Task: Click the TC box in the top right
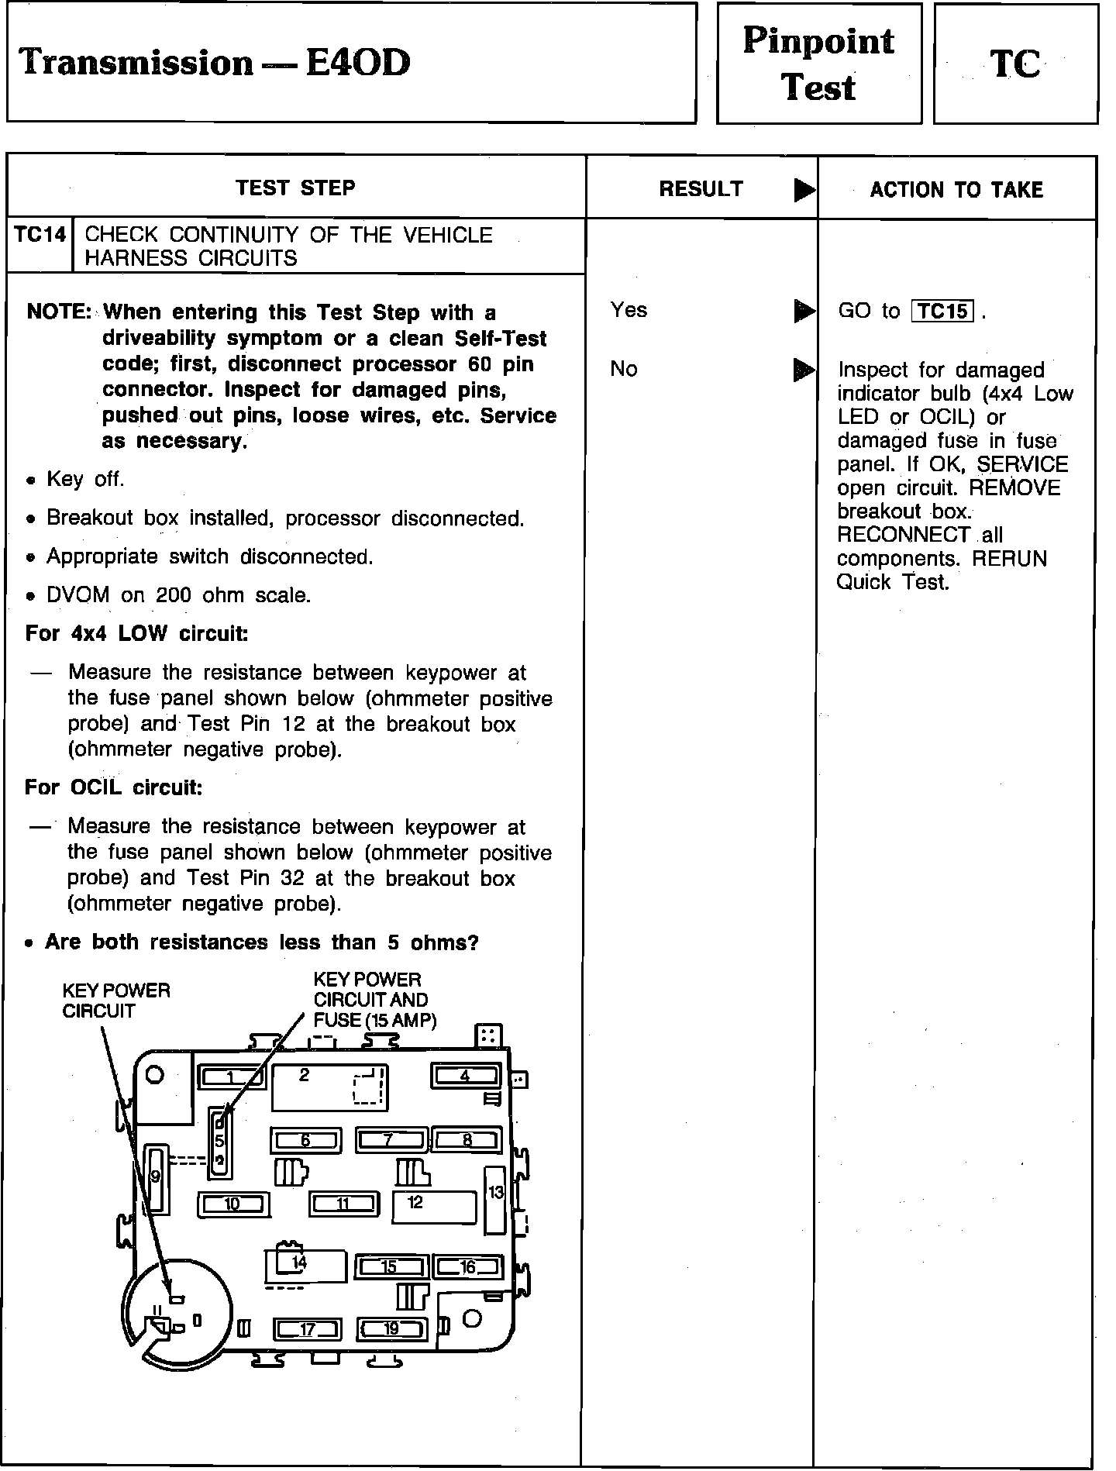coord(1015,64)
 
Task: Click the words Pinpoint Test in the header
coord(818,64)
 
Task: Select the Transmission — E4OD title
coord(215,63)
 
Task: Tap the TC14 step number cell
coord(40,236)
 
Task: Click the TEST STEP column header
coord(295,188)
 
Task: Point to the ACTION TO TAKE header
coord(956,190)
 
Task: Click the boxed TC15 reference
coord(942,312)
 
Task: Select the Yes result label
coord(629,310)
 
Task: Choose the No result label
coord(624,369)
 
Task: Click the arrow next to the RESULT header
coord(804,190)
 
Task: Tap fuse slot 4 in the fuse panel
coord(465,1077)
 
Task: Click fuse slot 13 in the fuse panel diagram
coord(495,1200)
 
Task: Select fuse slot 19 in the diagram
coord(391,1329)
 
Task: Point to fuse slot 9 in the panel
coord(156,1177)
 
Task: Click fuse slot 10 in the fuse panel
coord(232,1204)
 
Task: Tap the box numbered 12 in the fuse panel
coord(433,1206)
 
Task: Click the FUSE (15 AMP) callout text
coord(375,1020)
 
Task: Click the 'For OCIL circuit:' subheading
coord(114,787)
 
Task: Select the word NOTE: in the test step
coord(59,312)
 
